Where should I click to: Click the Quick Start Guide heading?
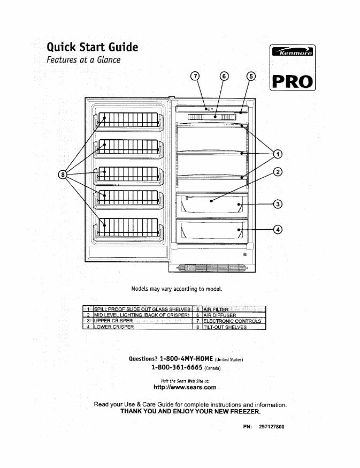coord(93,47)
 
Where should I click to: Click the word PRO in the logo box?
coord(293,81)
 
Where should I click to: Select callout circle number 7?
coord(195,76)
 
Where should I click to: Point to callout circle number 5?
coord(251,76)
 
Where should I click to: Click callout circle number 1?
coord(277,155)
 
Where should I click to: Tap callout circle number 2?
coord(277,172)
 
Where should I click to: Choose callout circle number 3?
coord(277,204)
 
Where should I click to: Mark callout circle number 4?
coord(277,230)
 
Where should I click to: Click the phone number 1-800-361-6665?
coord(177,368)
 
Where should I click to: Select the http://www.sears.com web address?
coord(185,387)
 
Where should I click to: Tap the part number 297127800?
coord(271,427)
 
